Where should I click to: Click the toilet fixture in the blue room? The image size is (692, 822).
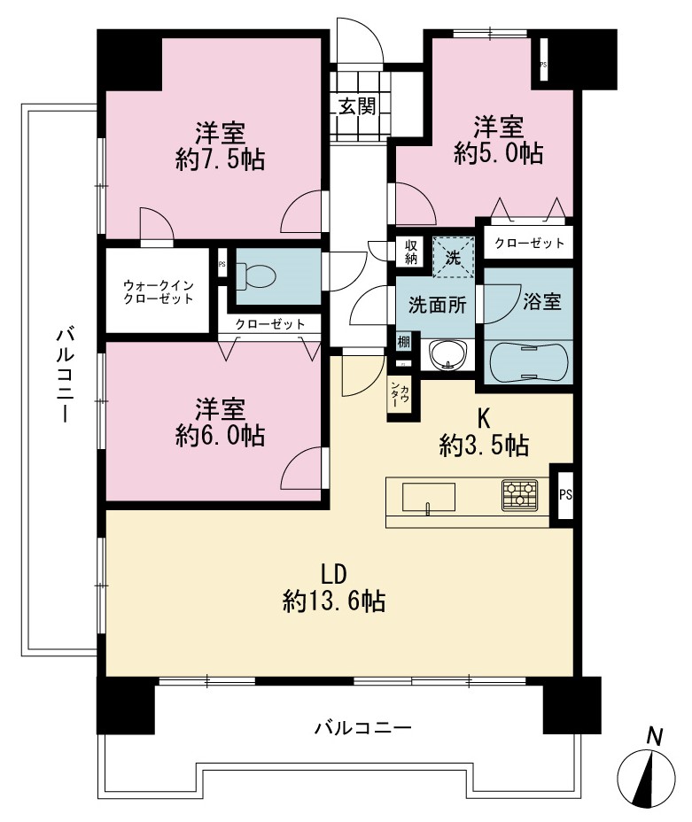257,275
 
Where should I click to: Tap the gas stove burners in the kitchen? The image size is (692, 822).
519,495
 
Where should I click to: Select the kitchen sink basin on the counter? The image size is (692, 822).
428,497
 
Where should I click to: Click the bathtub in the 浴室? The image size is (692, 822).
528,361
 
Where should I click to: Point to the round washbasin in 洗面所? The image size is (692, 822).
447,356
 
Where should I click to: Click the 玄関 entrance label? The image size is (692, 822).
358,106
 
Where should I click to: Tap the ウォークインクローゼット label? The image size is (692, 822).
159,292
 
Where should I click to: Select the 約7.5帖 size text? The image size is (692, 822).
220,159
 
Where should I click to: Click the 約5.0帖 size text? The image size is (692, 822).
499,153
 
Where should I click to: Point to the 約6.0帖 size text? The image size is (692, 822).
220,436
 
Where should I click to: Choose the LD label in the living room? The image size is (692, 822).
334,575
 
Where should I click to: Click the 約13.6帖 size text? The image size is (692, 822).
334,601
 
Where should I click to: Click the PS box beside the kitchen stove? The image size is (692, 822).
565,495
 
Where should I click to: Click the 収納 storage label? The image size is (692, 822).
410,251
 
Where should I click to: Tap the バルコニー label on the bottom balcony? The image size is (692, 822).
362,728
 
